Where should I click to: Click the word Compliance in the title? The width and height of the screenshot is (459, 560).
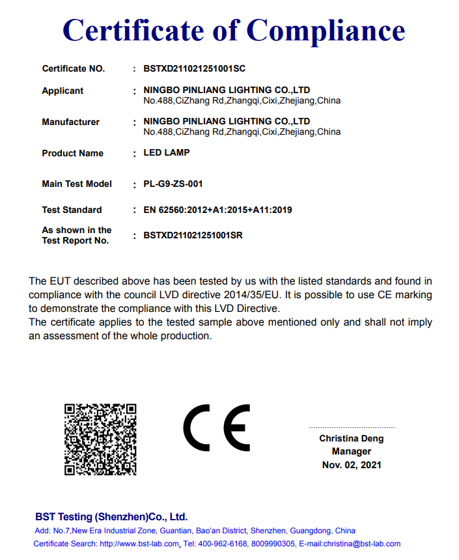(326, 31)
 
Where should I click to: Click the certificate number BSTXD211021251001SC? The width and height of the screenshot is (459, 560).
(194, 68)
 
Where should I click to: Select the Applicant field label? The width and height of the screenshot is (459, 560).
(63, 91)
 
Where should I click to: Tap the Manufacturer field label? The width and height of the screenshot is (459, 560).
(70, 122)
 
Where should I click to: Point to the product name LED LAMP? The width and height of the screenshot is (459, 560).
(166, 153)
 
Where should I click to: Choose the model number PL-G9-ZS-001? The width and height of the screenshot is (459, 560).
(173, 184)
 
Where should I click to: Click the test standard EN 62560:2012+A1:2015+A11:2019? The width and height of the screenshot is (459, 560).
(217, 210)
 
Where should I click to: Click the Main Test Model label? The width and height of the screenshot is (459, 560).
(77, 184)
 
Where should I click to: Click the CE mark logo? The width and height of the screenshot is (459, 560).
(216, 428)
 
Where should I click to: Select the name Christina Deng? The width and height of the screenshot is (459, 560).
(351, 439)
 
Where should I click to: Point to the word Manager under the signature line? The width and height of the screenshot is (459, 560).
(352, 451)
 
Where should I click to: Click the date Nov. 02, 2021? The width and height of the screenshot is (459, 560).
(352, 465)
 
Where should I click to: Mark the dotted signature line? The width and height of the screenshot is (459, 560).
(352, 427)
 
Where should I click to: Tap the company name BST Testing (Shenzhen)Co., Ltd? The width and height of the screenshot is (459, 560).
(111, 517)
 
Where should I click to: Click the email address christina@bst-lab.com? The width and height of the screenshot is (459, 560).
(362, 544)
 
